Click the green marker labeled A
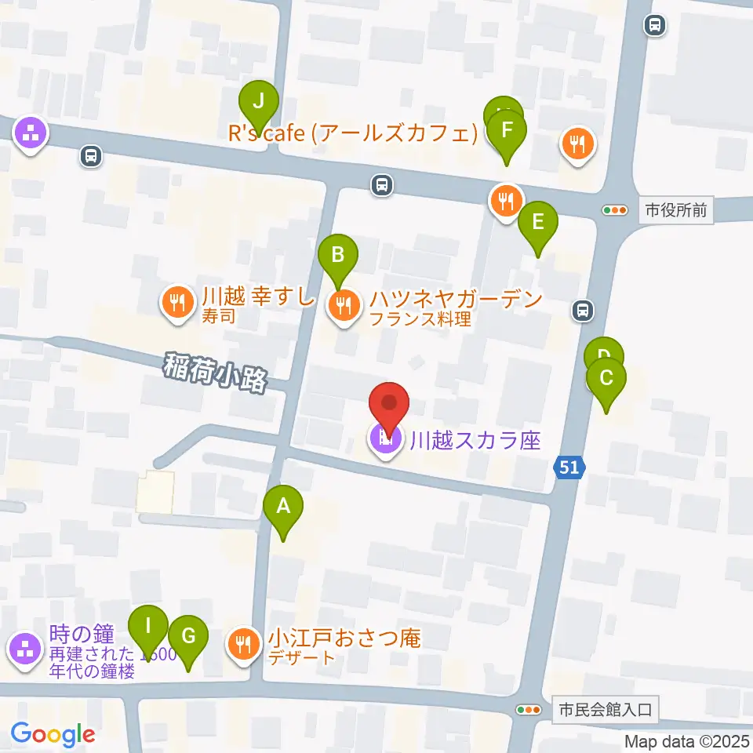click(x=283, y=507)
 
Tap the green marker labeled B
click(x=338, y=255)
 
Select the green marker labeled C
click(x=606, y=379)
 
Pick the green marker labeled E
click(x=537, y=222)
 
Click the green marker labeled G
click(x=188, y=636)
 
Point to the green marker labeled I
click(x=148, y=627)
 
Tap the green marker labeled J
click(x=259, y=102)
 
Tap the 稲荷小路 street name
click(x=216, y=373)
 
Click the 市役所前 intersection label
click(x=676, y=210)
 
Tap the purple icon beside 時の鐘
click(x=25, y=649)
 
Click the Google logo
click(x=53, y=734)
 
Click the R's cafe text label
click(x=353, y=134)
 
